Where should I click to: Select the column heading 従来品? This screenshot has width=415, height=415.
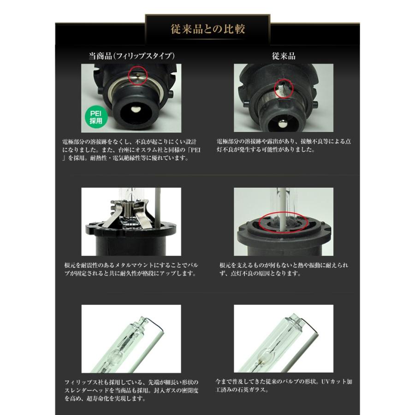click(284, 56)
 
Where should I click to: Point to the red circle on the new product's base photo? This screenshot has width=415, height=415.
click(136, 75)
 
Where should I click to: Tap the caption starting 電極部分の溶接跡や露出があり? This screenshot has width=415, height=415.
click(283, 146)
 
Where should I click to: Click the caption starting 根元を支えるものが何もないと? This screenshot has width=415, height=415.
click(284, 269)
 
